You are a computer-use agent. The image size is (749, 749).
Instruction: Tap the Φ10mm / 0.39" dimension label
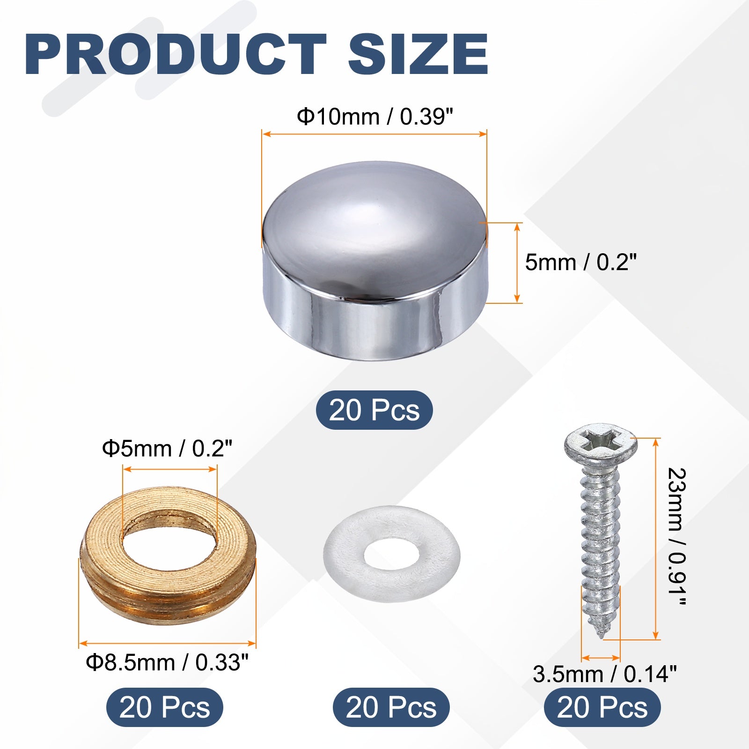(375, 117)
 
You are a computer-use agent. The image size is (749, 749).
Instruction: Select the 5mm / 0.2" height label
(581, 262)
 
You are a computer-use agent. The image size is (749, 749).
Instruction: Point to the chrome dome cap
(375, 261)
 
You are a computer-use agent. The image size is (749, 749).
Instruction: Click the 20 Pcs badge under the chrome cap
(374, 410)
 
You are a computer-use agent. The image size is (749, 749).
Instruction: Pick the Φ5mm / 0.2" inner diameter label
(167, 449)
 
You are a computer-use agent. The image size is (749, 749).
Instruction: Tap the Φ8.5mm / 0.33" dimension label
(167, 662)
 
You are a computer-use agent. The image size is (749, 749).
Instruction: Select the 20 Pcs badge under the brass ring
(165, 707)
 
